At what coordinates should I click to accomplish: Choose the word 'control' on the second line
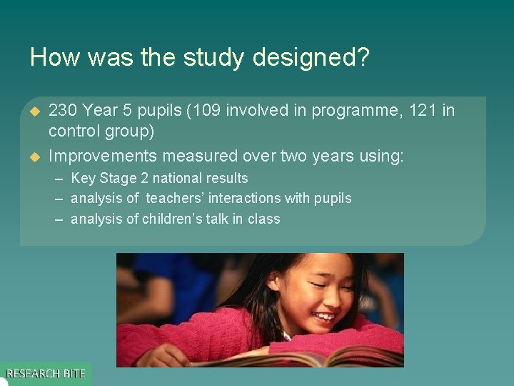click(74, 132)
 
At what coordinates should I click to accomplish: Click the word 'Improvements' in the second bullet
click(102, 155)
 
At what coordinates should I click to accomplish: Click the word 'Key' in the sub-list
click(83, 178)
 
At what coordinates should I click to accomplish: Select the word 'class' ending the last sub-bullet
click(263, 219)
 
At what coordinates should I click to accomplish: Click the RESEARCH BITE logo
click(46, 373)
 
